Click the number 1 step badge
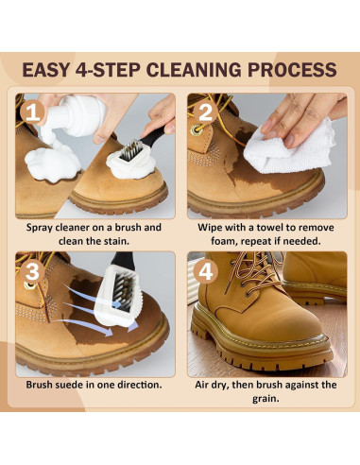tap(32, 112)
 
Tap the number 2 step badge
tap(205, 112)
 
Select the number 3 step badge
tap(32, 271)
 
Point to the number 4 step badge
tap(205, 271)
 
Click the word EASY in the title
tap(46, 70)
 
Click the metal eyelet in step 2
tap(197, 129)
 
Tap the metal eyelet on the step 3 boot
tap(31, 285)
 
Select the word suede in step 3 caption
tap(74, 385)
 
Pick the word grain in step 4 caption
tap(266, 399)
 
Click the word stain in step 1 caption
tap(115, 241)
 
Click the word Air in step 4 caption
tap(202, 385)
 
